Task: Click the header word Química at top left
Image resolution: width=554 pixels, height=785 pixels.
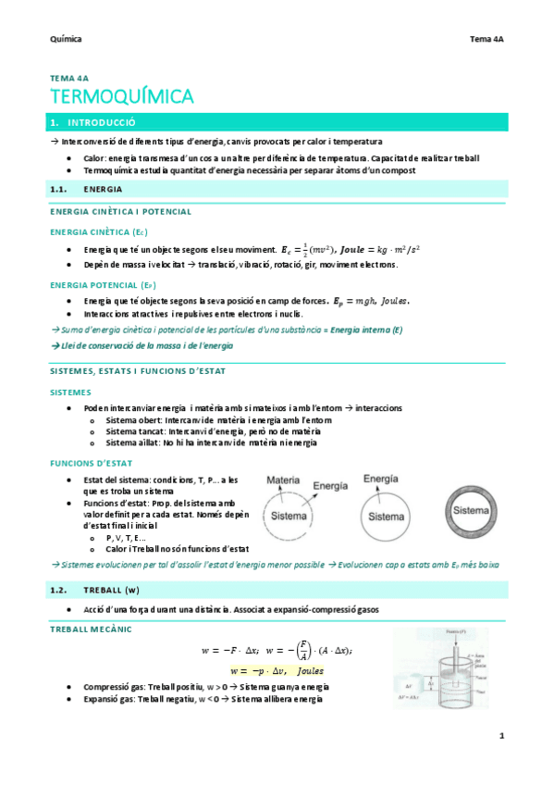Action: coord(65,39)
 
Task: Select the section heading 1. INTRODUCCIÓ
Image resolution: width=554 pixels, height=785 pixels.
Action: coord(92,122)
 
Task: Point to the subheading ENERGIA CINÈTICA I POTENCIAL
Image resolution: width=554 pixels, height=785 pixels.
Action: coord(120,212)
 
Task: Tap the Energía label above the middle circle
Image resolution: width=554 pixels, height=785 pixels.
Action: coord(381,479)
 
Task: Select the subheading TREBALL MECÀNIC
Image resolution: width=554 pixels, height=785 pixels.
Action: coord(91,629)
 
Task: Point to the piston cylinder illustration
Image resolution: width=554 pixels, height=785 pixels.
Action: coord(432,667)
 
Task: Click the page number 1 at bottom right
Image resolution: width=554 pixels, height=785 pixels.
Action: coord(500,736)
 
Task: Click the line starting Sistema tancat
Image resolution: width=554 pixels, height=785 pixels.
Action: coord(213,431)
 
